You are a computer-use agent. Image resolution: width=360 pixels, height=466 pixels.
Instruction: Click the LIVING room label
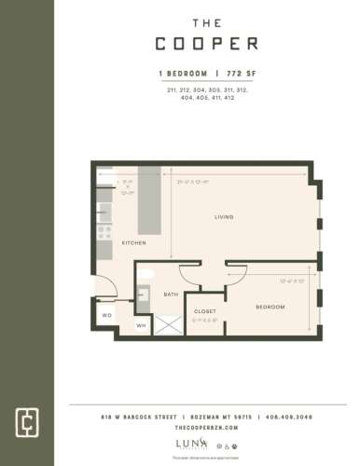pos(223,216)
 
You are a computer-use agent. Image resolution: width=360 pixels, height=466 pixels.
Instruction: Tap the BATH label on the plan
pos(171,294)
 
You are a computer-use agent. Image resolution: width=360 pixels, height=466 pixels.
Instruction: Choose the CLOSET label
pos(205,310)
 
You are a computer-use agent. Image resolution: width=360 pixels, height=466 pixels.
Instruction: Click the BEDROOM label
pos(270,307)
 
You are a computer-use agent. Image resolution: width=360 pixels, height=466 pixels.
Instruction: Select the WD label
pos(106,315)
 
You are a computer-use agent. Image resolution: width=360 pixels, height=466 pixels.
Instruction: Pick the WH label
pos(141,325)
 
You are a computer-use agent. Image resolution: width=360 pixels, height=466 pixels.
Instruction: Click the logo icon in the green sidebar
pos(26,420)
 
